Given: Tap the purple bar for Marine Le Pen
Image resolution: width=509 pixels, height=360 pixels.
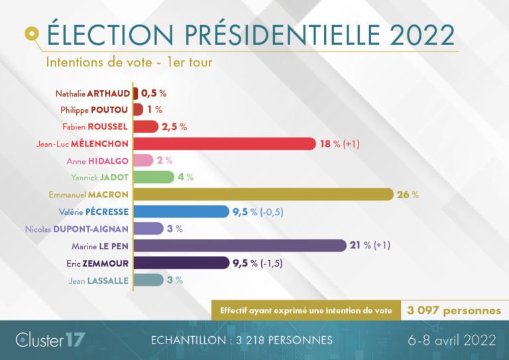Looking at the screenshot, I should pos(239,245).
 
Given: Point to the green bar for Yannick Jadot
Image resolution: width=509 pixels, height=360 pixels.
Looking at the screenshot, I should pos(153,177).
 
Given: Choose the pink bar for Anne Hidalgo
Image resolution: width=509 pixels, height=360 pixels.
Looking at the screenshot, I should pos(144,160).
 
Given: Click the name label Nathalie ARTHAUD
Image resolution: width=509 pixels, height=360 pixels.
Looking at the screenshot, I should pos(92,93).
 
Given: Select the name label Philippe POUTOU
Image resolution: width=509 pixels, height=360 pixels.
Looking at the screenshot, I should pos(97,109).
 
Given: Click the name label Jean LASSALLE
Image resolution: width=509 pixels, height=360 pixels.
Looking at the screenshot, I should pos(99,280).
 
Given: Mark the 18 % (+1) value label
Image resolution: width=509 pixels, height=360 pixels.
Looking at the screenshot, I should pos(340,143).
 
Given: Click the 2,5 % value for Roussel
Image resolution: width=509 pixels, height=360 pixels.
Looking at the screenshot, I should pos(174,127).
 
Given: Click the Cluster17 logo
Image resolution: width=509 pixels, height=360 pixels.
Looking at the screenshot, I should pos(50,340).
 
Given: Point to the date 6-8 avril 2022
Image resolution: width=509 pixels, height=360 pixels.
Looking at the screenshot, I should pos(452,340).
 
